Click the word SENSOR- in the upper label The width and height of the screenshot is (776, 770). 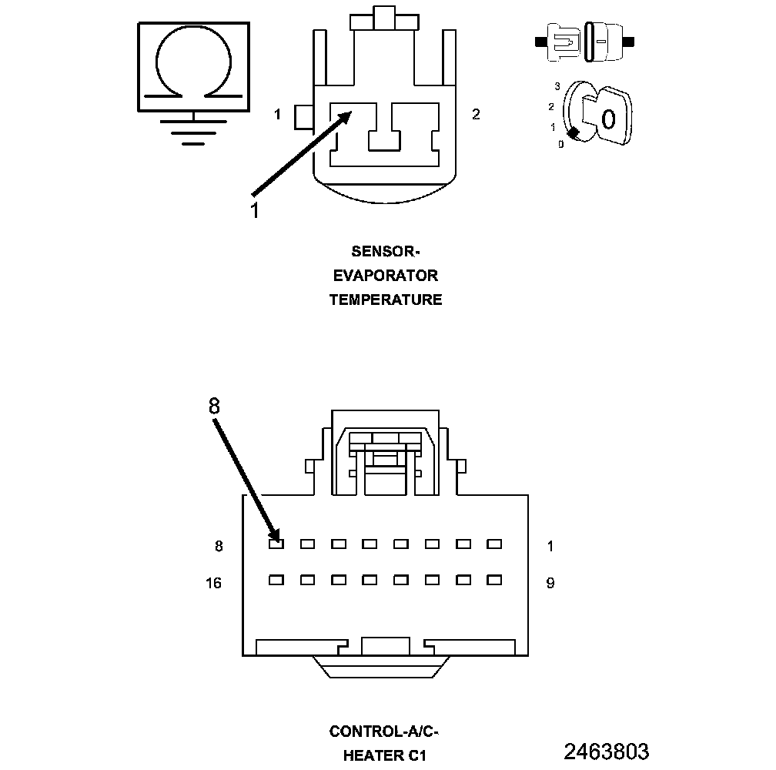[x=386, y=251]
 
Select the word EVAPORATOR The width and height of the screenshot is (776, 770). [x=386, y=276]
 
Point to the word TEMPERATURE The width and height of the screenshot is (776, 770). [x=386, y=300]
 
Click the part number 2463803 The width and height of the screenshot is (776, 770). [x=607, y=752]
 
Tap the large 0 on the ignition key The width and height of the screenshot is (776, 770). [x=608, y=119]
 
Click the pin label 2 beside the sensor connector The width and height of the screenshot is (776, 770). [x=476, y=115]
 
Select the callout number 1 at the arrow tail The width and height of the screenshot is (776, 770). [x=255, y=209]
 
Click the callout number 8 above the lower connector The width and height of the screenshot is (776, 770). [x=214, y=406]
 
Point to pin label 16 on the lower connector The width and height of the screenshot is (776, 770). [x=213, y=584]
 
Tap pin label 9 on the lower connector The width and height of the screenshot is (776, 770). [x=550, y=584]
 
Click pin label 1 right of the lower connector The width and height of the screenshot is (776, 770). [x=550, y=547]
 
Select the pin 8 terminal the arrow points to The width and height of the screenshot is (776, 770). [x=276, y=544]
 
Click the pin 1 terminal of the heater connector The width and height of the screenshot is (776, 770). [x=494, y=544]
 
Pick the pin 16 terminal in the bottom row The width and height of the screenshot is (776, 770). [x=276, y=580]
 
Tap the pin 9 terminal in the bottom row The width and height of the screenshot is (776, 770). [x=494, y=580]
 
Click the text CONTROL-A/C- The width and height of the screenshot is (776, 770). [x=384, y=731]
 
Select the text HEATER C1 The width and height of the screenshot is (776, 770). [x=384, y=756]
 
